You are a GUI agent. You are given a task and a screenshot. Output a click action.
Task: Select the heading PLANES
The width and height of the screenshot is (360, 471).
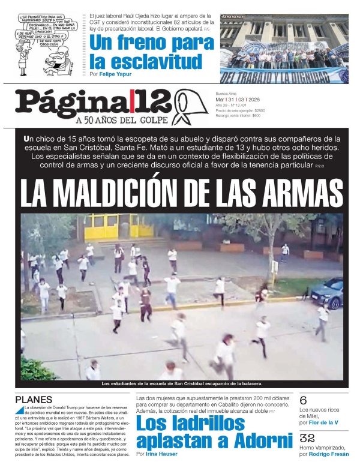tap(34, 400)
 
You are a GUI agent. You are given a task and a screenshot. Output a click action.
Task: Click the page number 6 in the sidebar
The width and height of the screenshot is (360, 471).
tap(304, 400)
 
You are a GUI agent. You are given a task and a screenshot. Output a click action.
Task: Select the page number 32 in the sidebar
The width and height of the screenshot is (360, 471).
tap(307, 438)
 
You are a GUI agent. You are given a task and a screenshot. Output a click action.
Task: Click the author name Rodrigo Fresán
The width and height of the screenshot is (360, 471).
tap(329, 454)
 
